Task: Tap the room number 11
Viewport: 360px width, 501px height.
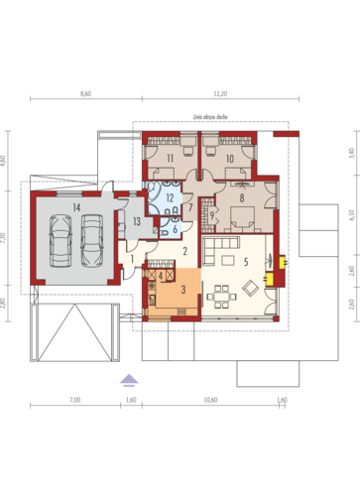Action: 170,159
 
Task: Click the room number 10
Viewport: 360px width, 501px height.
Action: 229,159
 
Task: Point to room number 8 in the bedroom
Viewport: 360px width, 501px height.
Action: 240,196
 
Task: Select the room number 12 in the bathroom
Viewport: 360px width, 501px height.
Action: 170,198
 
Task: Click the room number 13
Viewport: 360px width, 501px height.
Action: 137,221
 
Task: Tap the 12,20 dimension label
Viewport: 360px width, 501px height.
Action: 220,93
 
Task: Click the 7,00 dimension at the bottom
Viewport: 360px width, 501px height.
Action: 74,400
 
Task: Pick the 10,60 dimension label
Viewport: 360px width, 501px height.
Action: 210,400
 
